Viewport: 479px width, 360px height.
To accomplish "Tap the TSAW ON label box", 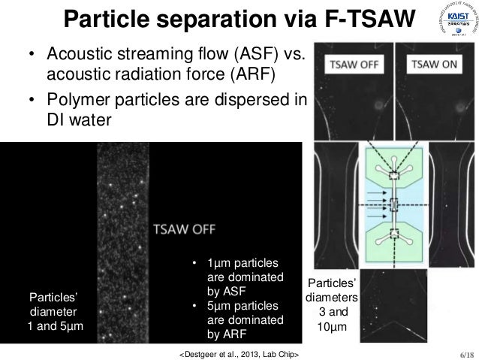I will (432, 65).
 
